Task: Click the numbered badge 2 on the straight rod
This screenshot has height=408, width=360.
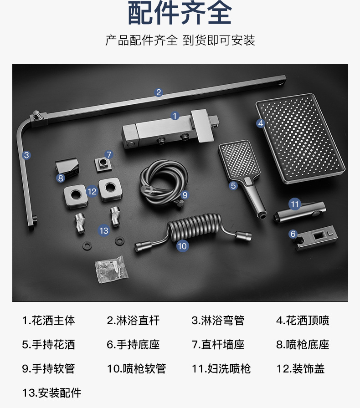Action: [159, 92]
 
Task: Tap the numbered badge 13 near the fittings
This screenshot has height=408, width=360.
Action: [104, 230]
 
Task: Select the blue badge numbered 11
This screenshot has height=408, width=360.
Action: [295, 204]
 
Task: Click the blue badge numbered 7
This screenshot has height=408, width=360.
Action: [109, 154]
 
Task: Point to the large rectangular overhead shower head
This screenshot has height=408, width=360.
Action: [300, 138]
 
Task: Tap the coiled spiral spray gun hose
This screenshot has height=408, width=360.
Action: [193, 231]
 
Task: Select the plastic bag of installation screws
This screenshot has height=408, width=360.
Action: [112, 270]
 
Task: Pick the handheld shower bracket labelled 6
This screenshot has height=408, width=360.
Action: [316, 238]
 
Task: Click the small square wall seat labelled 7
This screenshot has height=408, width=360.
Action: [103, 164]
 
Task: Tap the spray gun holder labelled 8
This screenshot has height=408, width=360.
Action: [67, 168]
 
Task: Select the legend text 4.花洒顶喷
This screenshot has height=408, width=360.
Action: [303, 321]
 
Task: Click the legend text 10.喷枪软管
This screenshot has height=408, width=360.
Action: [137, 369]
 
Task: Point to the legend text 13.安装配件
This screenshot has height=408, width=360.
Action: [51, 393]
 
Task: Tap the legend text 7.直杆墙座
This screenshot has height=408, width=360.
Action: [218, 345]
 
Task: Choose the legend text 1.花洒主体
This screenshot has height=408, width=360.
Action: [48, 321]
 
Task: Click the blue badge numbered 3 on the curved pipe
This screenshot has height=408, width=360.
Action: [26, 155]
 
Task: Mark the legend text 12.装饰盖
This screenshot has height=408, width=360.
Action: [300, 369]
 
